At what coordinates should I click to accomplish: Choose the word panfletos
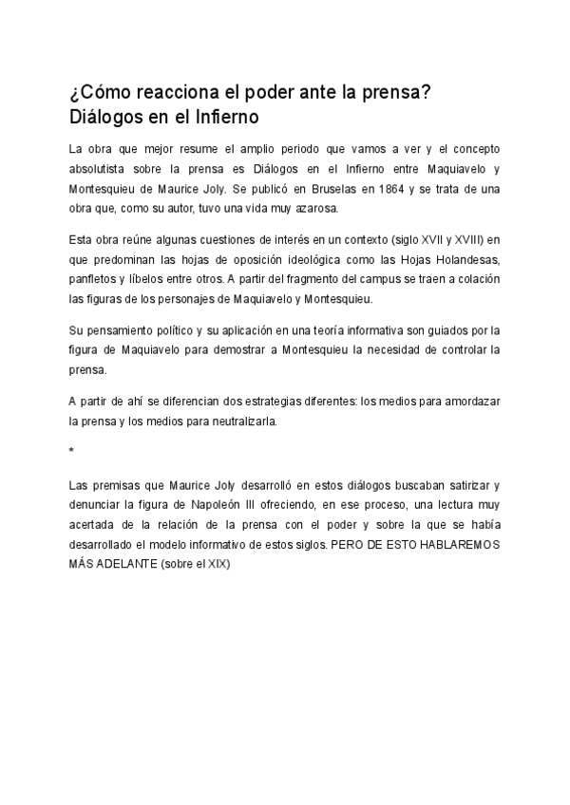(x=98, y=280)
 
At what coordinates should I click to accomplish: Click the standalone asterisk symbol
(x=72, y=451)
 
